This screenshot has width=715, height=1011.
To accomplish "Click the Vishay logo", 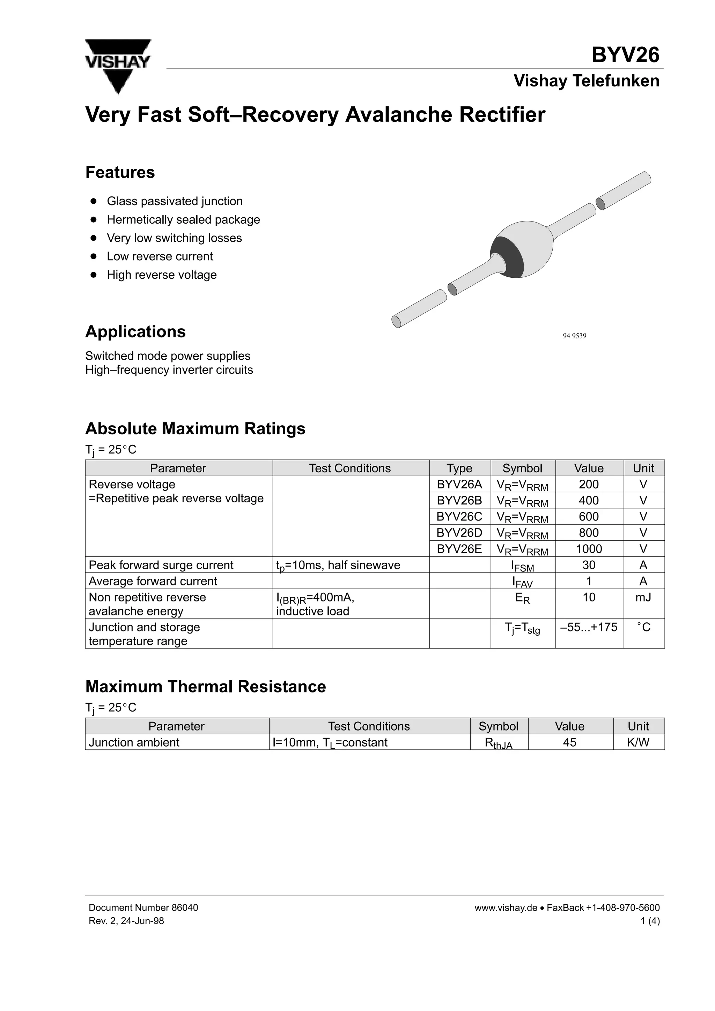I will pyautogui.click(x=118, y=66).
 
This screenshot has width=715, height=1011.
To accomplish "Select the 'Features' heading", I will pyautogui.click(x=120, y=172).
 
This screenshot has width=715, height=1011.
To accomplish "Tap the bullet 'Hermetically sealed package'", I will pyautogui.click(x=183, y=219).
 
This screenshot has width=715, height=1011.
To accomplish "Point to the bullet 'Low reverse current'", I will pyautogui.click(x=160, y=256).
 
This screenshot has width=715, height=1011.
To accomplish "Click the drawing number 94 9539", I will pyautogui.click(x=574, y=336).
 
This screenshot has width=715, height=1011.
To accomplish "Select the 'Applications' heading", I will pyautogui.click(x=135, y=331).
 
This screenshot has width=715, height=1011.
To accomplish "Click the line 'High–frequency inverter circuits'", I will pyautogui.click(x=169, y=370).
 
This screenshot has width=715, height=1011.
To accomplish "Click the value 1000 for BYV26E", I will pyautogui.click(x=589, y=549).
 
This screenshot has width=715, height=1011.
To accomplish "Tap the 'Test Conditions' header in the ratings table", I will pyautogui.click(x=350, y=468).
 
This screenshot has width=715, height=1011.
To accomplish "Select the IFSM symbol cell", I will pyautogui.click(x=523, y=566).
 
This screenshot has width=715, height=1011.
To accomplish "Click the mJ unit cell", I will pyautogui.click(x=643, y=598).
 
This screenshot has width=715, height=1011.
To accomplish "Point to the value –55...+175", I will pyautogui.click(x=589, y=627).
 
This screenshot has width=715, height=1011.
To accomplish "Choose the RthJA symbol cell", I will pyautogui.click(x=498, y=743).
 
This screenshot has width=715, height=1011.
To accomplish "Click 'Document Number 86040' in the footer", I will pyautogui.click(x=143, y=907).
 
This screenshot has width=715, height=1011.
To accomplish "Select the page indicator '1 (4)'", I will pyautogui.click(x=650, y=921).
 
